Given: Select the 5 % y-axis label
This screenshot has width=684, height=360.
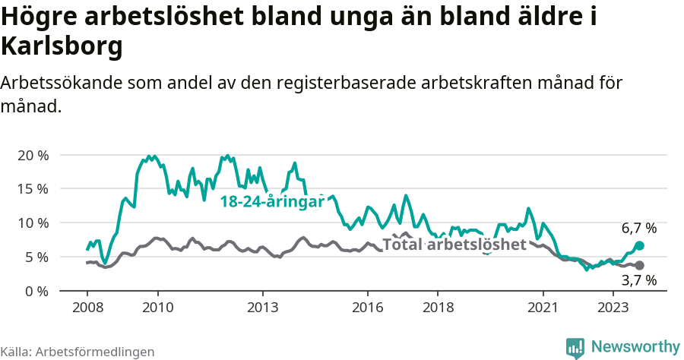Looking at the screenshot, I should coord(36,257).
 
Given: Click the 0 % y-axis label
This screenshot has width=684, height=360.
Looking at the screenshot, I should coord(36,291).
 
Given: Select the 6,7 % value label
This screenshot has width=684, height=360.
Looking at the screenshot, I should coord(638,228).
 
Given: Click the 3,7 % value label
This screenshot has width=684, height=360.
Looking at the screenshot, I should coord(638,280).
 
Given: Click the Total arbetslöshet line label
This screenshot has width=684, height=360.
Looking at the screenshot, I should coord(454,245).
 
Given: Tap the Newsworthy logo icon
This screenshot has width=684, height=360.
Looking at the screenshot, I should coord(575,347).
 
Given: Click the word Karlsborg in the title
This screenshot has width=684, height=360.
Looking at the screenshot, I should coord(62,47).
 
